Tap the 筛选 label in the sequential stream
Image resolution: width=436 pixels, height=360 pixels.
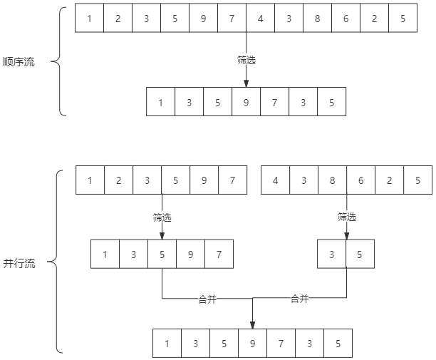[246, 61]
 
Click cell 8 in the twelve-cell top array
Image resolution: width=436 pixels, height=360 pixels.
[317, 19]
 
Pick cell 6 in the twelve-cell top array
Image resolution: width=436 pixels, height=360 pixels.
[346, 19]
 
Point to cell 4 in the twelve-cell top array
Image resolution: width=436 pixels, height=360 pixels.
[260, 19]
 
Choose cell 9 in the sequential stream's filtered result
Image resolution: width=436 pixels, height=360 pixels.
[246, 102]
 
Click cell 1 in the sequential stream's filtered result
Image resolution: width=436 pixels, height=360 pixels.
[161, 102]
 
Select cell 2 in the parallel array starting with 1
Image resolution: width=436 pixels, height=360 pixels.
[119, 180]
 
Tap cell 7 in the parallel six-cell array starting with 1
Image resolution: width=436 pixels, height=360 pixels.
[233, 180]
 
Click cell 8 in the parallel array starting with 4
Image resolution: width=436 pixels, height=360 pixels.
[333, 180]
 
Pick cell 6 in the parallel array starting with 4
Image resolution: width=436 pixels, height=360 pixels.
[361, 180]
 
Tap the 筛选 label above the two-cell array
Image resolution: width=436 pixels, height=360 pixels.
[347, 217]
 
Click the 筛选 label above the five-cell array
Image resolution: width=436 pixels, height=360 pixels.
[162, 217]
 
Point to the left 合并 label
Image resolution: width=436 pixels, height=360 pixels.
[207, 299]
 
